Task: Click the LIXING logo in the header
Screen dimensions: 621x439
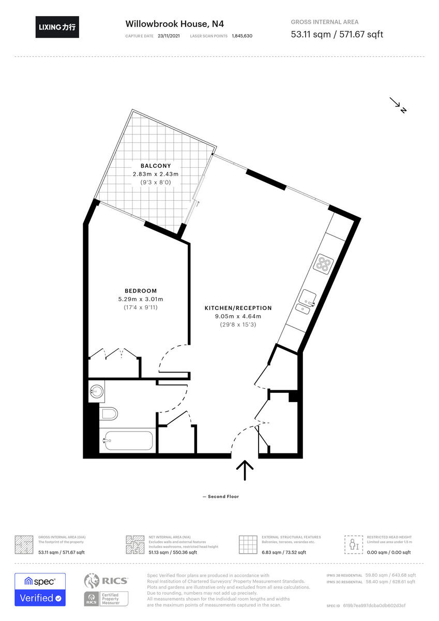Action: (57, 27)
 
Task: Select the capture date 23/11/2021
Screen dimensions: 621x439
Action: (170, 36)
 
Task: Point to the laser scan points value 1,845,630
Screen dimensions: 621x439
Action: (242, 36)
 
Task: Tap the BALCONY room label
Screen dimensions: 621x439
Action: (155, 166)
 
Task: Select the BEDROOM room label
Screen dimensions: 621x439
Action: (141, 291)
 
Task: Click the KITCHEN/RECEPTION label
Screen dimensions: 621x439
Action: (238, 308)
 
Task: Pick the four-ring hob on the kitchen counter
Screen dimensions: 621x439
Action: (324, 264)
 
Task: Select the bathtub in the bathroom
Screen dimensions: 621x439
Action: (127, 440)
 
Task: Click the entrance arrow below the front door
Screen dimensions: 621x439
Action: (245, 470)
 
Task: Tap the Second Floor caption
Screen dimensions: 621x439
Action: (221, 497)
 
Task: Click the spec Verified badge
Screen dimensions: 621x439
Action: (40, 589)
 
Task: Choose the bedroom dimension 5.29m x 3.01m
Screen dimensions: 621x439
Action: (141, 299)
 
